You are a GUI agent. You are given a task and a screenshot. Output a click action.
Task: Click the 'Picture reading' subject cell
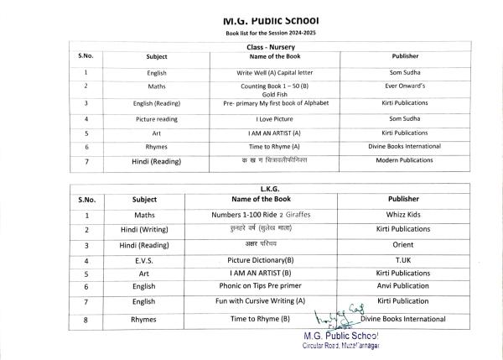(x=156, y=119)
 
